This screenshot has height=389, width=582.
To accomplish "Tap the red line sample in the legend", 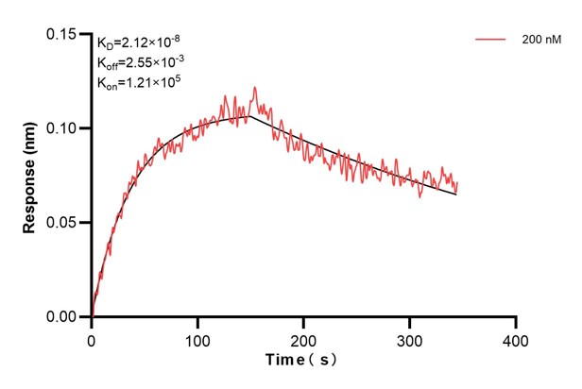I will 490,41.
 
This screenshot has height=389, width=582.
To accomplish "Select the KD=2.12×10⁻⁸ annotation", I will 138,42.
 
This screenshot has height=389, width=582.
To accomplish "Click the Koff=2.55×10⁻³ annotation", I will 140,62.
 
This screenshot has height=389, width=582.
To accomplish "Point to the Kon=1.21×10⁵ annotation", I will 139,83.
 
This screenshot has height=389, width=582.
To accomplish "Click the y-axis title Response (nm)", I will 29,176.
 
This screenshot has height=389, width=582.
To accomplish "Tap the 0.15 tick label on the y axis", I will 65,34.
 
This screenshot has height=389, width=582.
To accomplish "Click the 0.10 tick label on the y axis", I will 65,128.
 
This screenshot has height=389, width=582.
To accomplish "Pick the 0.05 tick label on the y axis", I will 65,223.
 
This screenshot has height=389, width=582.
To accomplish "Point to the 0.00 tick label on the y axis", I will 65,317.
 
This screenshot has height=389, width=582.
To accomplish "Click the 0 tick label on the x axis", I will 92,337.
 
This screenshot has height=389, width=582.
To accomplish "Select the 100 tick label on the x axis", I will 197,337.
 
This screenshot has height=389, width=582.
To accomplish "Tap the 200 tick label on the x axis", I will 303,337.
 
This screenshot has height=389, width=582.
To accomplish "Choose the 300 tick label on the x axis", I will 409,337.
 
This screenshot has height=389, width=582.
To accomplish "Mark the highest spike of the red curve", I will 255,88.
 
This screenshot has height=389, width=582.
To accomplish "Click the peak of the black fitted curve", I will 249,116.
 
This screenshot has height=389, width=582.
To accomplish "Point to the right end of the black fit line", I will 456,194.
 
